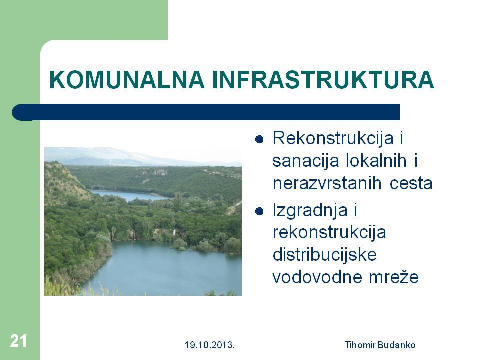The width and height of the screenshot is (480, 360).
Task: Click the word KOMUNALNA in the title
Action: [x=127, y=80]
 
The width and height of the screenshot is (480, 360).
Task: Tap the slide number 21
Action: [x=18, y=341]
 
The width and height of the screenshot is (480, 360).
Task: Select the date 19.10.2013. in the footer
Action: [x=210, y=345]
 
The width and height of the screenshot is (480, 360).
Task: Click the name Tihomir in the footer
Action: [x=360, y=345]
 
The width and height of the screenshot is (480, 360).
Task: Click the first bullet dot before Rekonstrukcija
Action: [x=259, y=139]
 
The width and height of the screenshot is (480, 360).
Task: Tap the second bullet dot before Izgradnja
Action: [x=259, y=211]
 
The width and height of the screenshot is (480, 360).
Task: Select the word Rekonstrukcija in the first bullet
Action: [x=333, y=138]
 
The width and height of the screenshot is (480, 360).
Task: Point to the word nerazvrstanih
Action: [x=327, y=183]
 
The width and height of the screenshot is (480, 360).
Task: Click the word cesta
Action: [x=411, y=183]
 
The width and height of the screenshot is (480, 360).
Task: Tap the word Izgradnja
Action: [x=310, y=211]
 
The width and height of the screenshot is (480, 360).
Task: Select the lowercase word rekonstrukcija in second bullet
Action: [x=329, y=232]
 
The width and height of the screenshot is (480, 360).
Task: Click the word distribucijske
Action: [x=325, y=255]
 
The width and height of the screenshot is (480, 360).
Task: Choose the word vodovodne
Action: [x=317, y=277]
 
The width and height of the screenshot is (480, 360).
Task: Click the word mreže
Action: [x=394, y=277]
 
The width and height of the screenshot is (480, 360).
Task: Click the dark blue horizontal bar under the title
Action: [x=206, y=112]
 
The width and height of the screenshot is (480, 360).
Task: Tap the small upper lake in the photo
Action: [x=128, y=196]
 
